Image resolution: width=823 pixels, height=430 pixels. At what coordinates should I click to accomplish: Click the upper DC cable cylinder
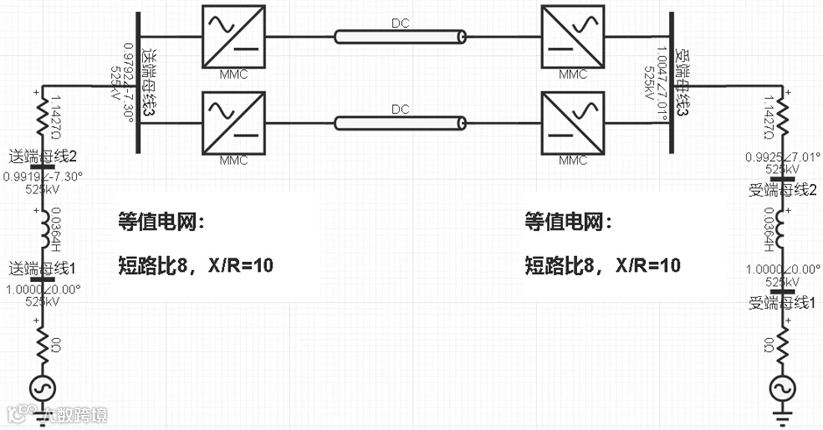pos(400,37)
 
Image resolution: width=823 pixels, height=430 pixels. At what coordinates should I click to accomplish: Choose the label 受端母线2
pos(783,190)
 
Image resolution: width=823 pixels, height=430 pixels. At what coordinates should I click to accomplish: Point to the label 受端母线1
pos(783,303)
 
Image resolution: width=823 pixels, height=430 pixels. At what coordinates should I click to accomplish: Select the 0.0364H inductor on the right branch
pos(782,229)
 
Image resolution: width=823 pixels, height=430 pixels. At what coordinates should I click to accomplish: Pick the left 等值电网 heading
pos(160,222)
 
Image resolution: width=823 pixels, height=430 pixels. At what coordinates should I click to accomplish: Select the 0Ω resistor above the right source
pos(782,343)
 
